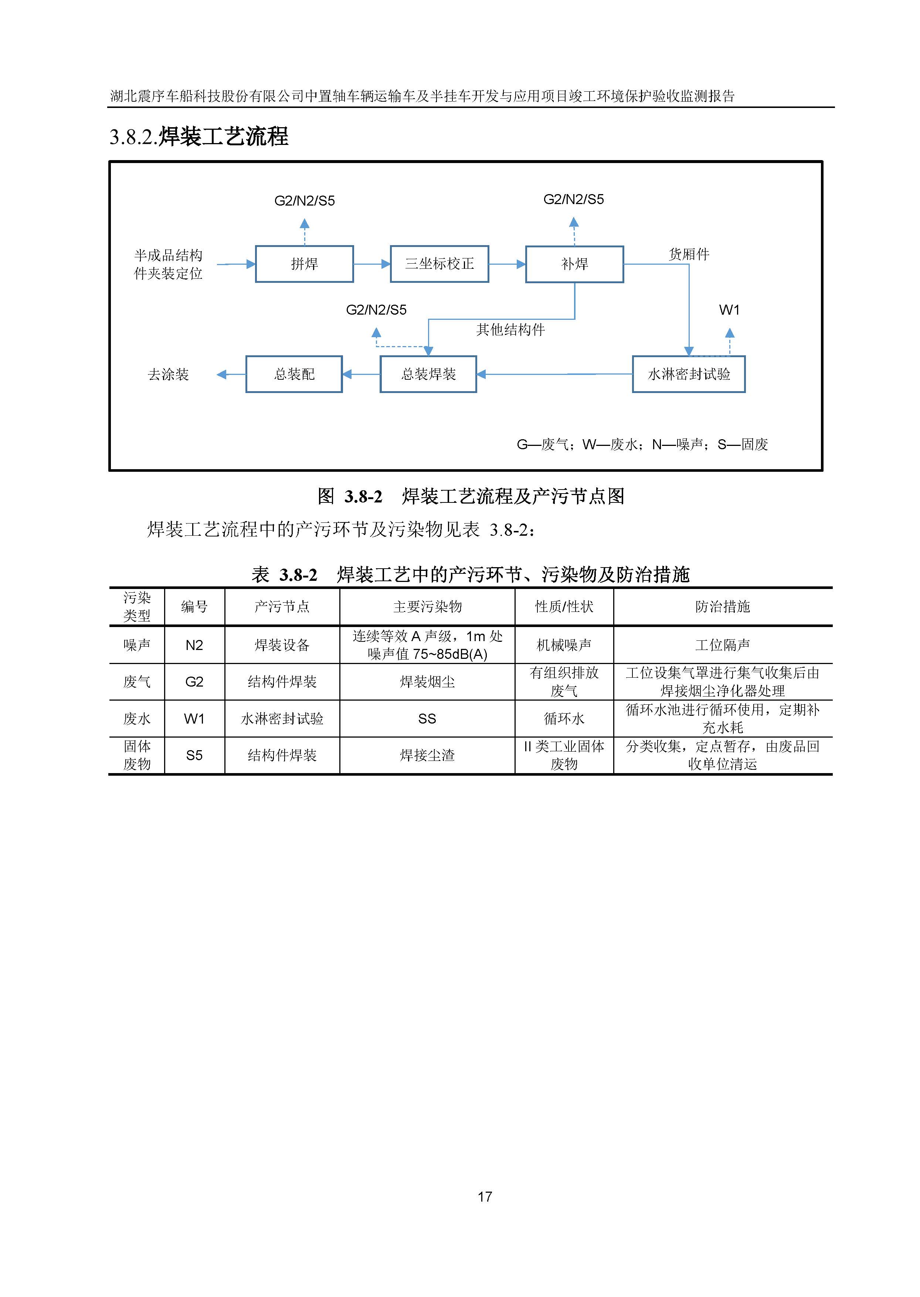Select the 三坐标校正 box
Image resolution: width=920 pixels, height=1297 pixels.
[x=439, y=264]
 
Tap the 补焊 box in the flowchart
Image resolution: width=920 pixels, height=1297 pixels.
[x=574, y=264]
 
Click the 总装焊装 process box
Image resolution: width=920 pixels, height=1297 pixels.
[x=428, y=374]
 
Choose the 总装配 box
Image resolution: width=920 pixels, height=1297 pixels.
[x=294, y=374]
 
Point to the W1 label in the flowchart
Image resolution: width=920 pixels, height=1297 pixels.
[x=729, y=310]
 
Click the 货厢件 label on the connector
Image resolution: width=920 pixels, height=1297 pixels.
[x=689, y=254]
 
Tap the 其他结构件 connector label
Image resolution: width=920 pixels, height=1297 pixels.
[x=510, y=330]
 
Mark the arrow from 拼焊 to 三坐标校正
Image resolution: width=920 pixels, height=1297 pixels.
[x=371, y=264]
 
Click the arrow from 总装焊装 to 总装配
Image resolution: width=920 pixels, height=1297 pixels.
[x=361, y=374]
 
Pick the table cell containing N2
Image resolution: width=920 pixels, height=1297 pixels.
[x=194, y=645]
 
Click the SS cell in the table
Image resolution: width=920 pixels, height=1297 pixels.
[x=427, y=718]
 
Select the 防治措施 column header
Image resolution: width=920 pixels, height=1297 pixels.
[x=722, y=607]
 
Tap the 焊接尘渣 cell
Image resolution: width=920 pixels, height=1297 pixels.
[x=427, y=755]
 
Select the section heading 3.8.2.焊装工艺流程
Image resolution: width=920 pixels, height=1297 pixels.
[x=199, y=136]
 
